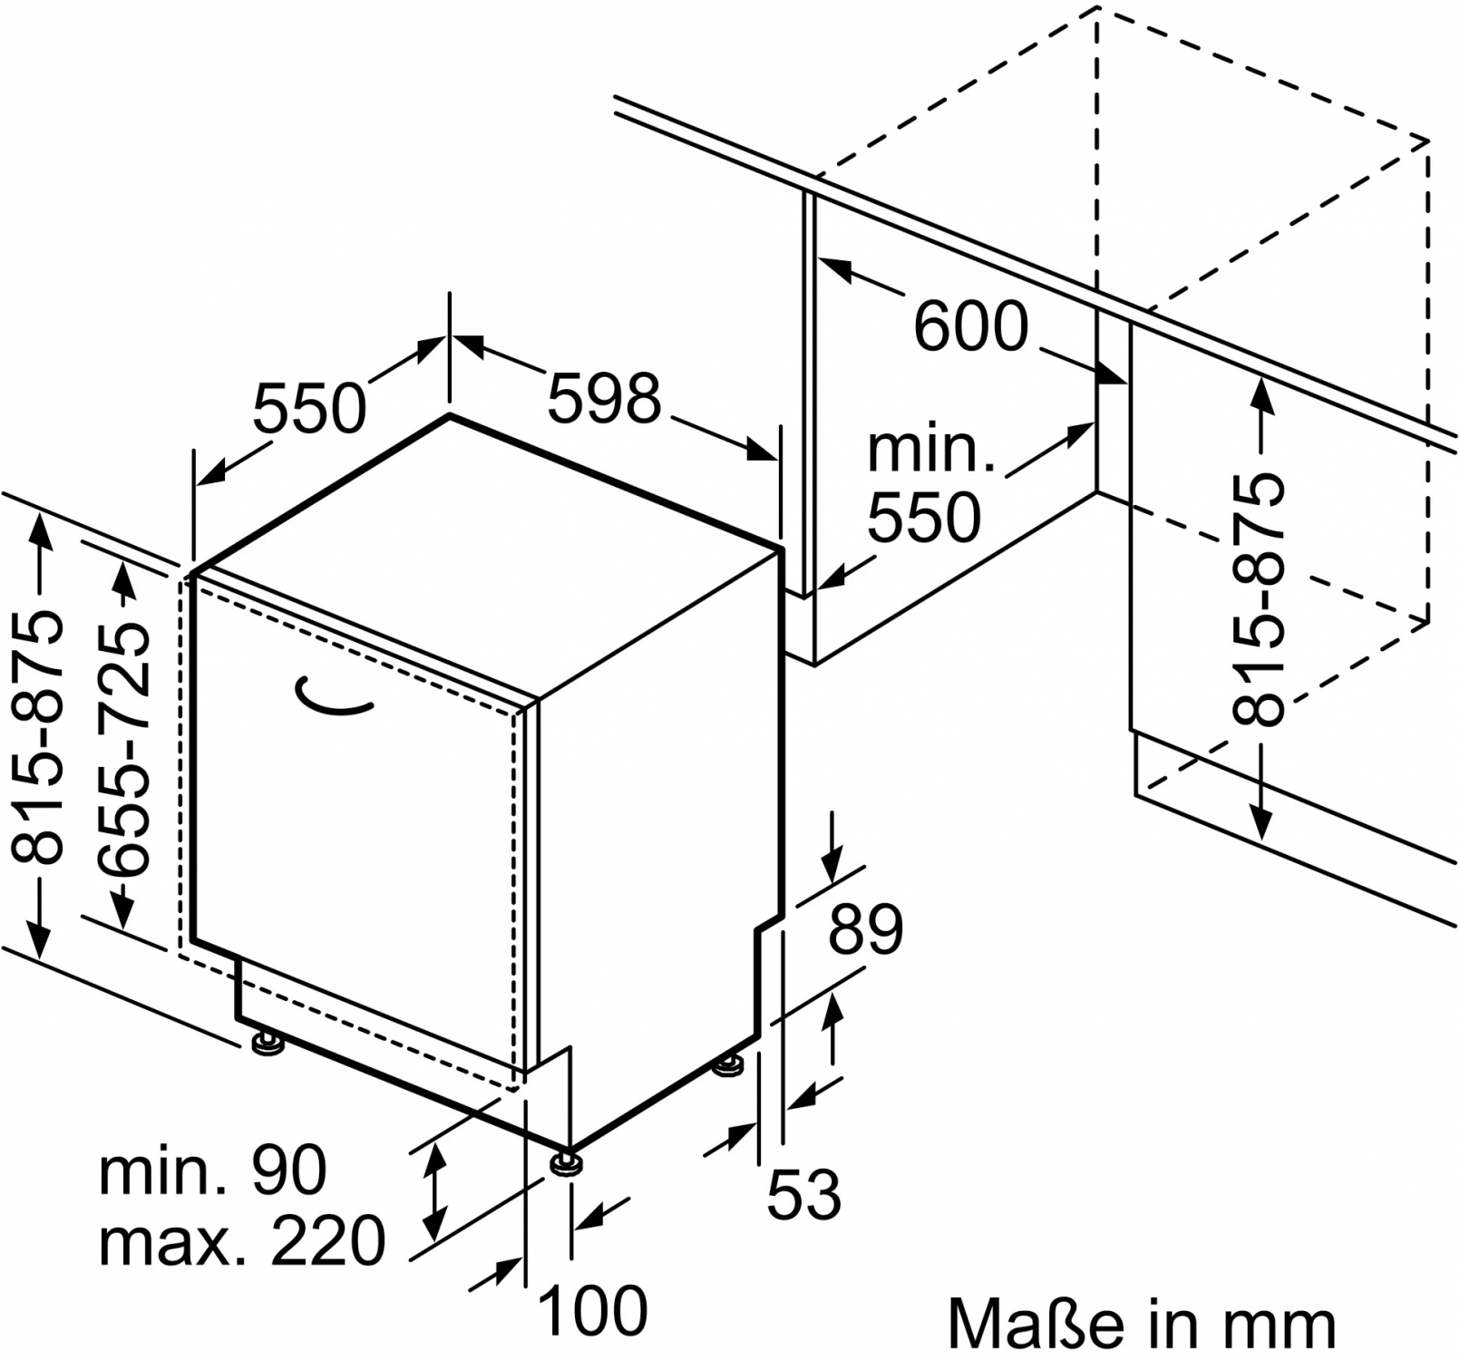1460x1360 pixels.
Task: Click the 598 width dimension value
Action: [605, 397]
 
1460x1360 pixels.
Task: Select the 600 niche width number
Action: [971, 325]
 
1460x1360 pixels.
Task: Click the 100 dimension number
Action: [593, 1309]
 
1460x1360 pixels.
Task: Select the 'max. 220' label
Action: [242, 1240]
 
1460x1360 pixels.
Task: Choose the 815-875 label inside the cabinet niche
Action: [1259, 598]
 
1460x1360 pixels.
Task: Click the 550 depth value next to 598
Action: [309, 407]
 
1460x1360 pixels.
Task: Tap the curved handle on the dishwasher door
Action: [334, 697]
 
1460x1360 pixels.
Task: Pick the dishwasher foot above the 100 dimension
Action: [566, 1161]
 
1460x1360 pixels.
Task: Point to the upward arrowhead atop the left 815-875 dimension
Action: [41, 530]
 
